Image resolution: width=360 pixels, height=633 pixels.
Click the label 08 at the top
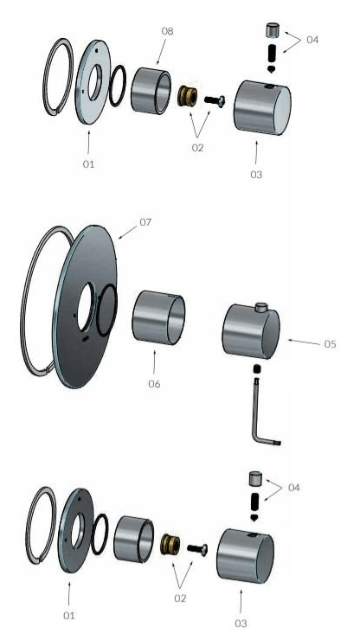click(168, 31)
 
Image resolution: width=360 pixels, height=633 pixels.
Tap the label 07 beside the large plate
click(145, 222)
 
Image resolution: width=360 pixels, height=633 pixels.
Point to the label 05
click(330, 343)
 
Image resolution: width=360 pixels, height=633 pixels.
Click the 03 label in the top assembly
click(256, 175)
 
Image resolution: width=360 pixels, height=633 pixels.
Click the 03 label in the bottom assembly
click(240, 622)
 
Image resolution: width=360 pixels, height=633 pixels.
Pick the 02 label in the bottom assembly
click(180, 596)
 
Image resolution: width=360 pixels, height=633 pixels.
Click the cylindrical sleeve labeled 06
click(158, 317)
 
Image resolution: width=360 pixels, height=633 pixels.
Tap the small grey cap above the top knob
click(271, 30)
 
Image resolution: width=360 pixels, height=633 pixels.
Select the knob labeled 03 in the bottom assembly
click(245, 553)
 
